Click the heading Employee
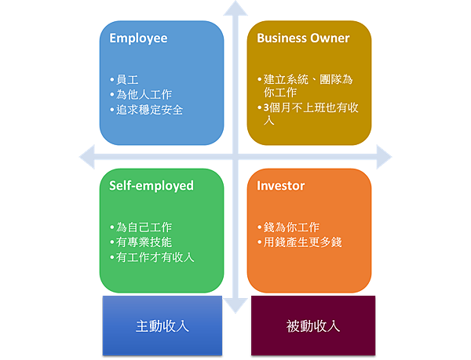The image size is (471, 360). [x=138, y=38]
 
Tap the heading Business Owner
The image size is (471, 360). [x=303, y=38]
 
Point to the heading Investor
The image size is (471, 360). [x=281, y=186]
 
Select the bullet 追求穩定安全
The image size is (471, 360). [x=150, y=110]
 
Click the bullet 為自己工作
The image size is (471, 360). [x=144, y=227]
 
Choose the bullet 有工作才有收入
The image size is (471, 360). [x=155, y=257]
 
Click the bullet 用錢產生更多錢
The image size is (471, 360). [x=303, y=242]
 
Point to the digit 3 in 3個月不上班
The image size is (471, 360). [x=267, y=107]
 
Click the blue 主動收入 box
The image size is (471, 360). [x=162, y=325]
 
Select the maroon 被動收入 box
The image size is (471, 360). [x=312, y=325]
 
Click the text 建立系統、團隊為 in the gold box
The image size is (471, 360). [x=309, y=80]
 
